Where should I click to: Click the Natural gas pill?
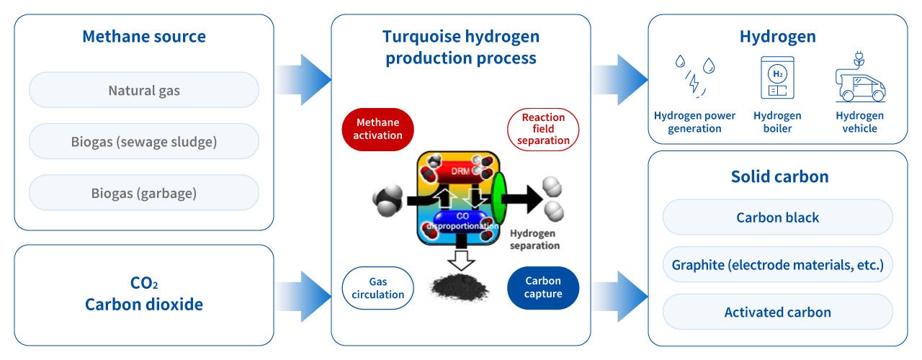[x=144, y=91]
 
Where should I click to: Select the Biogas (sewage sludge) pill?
[x=144, y=142]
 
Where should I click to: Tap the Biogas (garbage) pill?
[x=144, y=193]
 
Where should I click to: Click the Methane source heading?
[x=144, y=37]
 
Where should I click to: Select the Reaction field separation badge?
[x=543, y=130]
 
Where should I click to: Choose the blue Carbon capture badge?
[x=543, y=288]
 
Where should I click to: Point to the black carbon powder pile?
[x=457, y=287]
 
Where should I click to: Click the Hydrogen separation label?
[x=534, y=239]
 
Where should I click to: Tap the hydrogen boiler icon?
[x=777, y=78]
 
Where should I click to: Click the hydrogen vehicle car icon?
[x=859, y=79]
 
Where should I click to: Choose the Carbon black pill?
[x=778, y=217]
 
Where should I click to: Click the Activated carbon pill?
[x=778, y=312]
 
